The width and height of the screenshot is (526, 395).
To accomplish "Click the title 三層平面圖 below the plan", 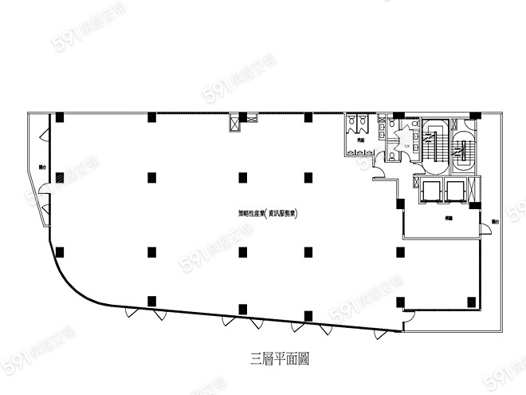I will [x=280, y=359].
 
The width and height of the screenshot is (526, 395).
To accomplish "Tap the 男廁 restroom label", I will [x=360, y=140].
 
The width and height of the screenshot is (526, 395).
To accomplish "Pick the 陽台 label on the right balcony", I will [x=495, y=221].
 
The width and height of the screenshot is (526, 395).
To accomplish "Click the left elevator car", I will [x=430, y=190].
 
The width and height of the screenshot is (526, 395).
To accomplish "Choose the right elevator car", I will [x=455, y=190].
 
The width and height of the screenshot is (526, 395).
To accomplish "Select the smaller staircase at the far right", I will [x=463, y=145].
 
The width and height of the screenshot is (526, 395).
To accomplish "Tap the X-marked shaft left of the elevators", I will [x=415, y=183].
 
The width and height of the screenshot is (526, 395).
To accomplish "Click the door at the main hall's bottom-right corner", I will [x=406, y=322].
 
